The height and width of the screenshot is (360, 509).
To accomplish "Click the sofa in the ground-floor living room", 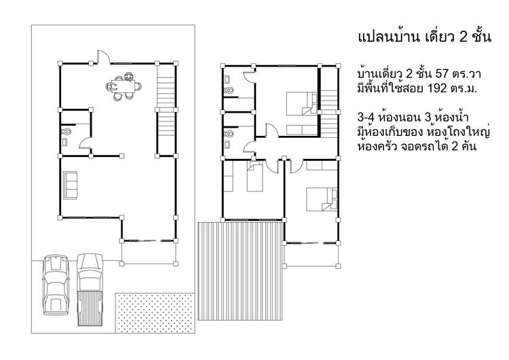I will point(70,185).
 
